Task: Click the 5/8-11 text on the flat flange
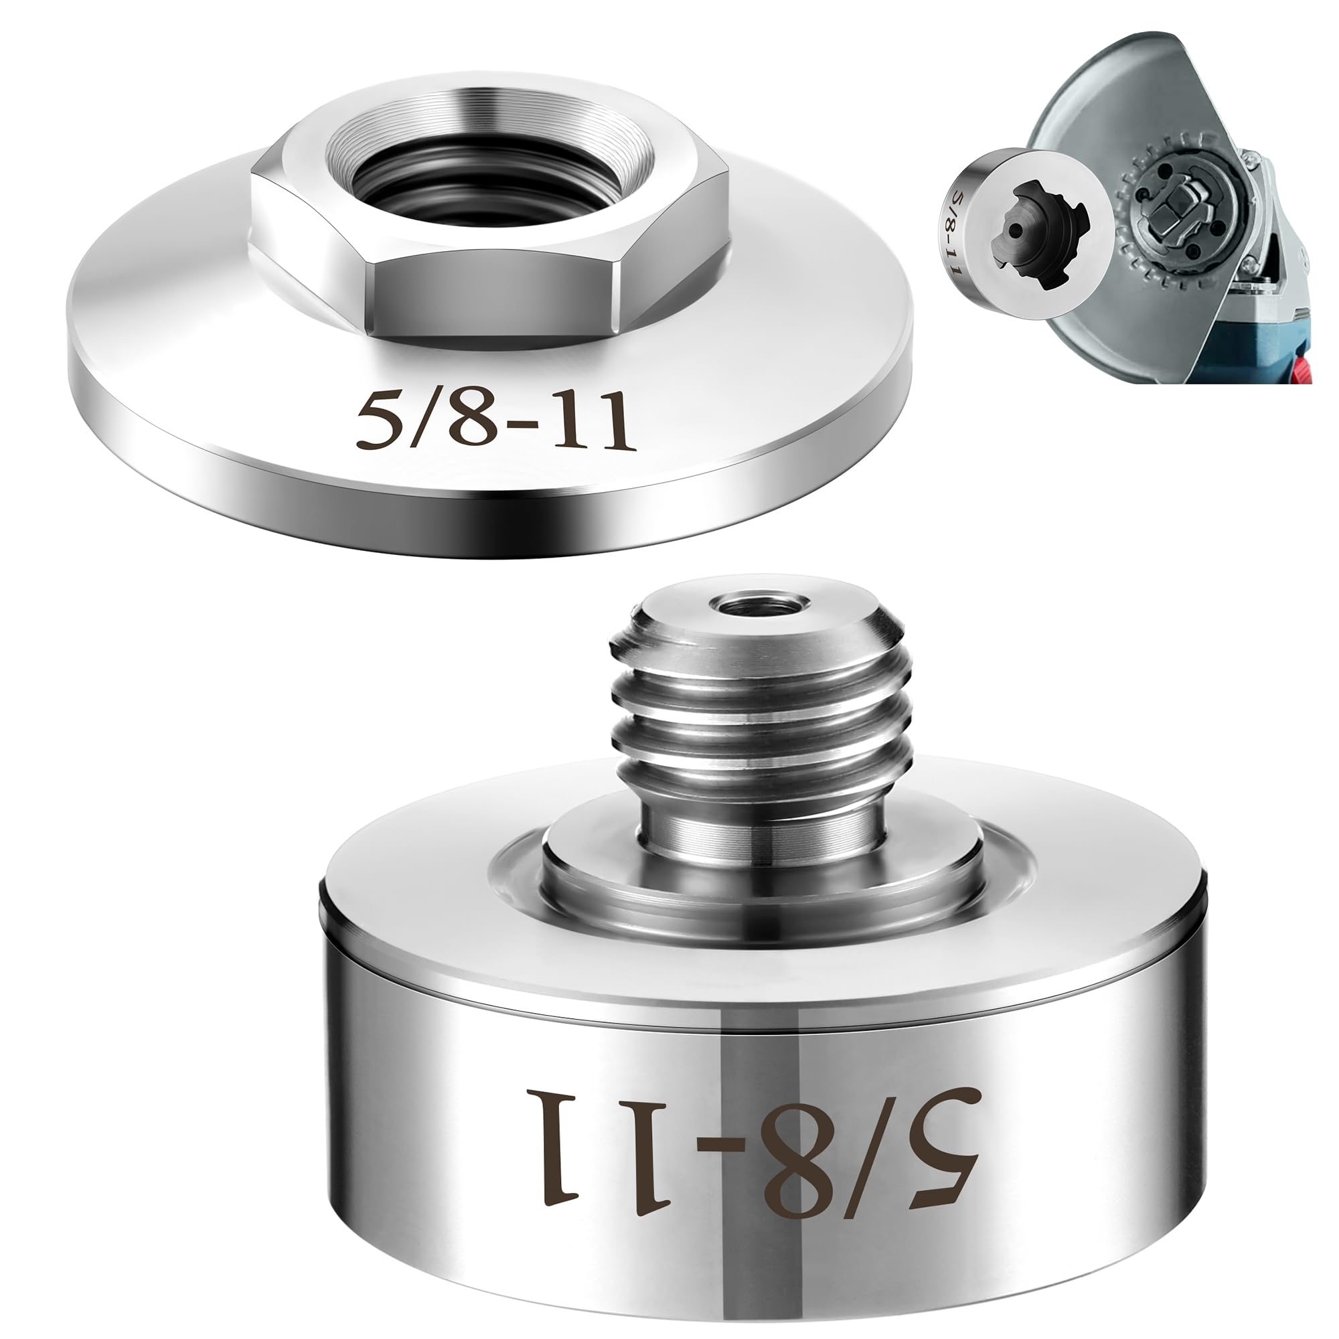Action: (x=495, y=420)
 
